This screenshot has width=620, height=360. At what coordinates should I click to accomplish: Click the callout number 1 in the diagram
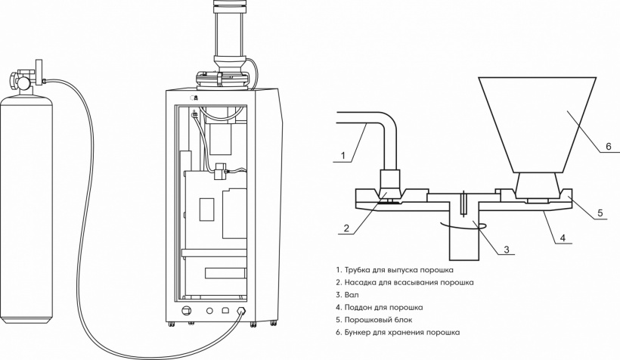pyautogui.click(x=343, y=156)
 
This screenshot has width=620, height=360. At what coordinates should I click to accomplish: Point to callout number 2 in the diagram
pyautogui.click(x=346, y=228)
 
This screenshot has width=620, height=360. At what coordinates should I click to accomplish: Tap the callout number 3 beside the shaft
pyautogui.click(x=507, y=250)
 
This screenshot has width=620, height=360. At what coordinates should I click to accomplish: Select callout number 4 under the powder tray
pyautogui.click(x=563, y=237)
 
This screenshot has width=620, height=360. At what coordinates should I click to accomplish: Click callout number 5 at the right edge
pyautogui.click(x=600, y=213)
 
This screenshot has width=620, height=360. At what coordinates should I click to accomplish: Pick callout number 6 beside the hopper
pyautogui.click(x=609, y=147)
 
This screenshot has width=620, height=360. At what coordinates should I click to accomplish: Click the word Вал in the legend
pyautogui.click(x=352, y=295)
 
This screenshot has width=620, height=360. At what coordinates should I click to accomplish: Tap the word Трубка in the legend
pyautogui.click(x=357, y=270)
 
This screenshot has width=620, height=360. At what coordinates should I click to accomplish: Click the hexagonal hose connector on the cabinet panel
pyautogui.click(x=240, y=311)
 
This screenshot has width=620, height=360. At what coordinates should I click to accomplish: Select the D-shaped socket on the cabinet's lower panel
pyautogui.click(x=225, y=311)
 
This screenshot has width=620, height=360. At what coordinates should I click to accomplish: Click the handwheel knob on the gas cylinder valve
pyautogui.click(x=13, y=82)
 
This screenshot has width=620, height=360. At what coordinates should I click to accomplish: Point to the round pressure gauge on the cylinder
pyautogui.click(x=23, y=83)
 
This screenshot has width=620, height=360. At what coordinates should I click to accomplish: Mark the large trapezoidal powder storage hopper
pyautogui.click(x=537, y=125)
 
